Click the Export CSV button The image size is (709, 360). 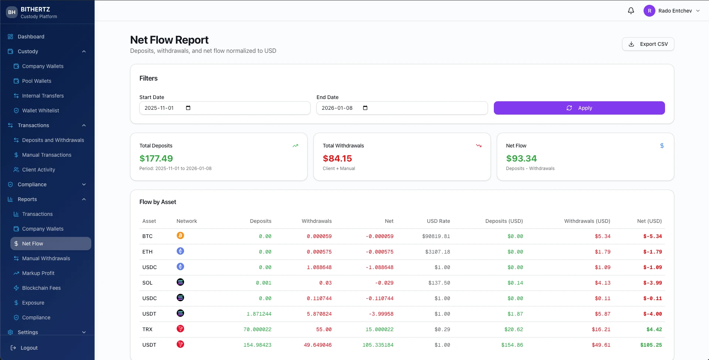(x=648, y=44)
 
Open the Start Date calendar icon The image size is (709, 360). (x=188, y=108)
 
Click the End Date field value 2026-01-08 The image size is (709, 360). (x=337, y=108)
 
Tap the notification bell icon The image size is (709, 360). (x=631, y=11)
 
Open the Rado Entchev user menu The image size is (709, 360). (x=672, y=11)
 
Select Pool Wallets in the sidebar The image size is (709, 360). (x=37, y=81)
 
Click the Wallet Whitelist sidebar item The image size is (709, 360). (x=40, y=111)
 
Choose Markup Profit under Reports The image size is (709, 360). (x=38, y=273)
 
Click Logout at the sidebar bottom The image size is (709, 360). (x=29, y=348)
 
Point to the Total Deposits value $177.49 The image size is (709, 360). (x=156, y=159)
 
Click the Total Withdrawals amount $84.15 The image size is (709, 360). (x=337, y=159)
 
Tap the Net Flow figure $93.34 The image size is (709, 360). (x=521, y=159)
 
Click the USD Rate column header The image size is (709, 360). (x=438, y=221)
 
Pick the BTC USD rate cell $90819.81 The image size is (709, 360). (x=436, y=236)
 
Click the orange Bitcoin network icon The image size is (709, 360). (x=180, y=235)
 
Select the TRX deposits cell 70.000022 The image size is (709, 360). (x=257, y=329)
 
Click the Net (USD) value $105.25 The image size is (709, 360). (x=651, y=345)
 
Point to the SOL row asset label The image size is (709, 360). (x=147, y=283)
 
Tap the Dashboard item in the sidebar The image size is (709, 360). (x=31, y=37)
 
